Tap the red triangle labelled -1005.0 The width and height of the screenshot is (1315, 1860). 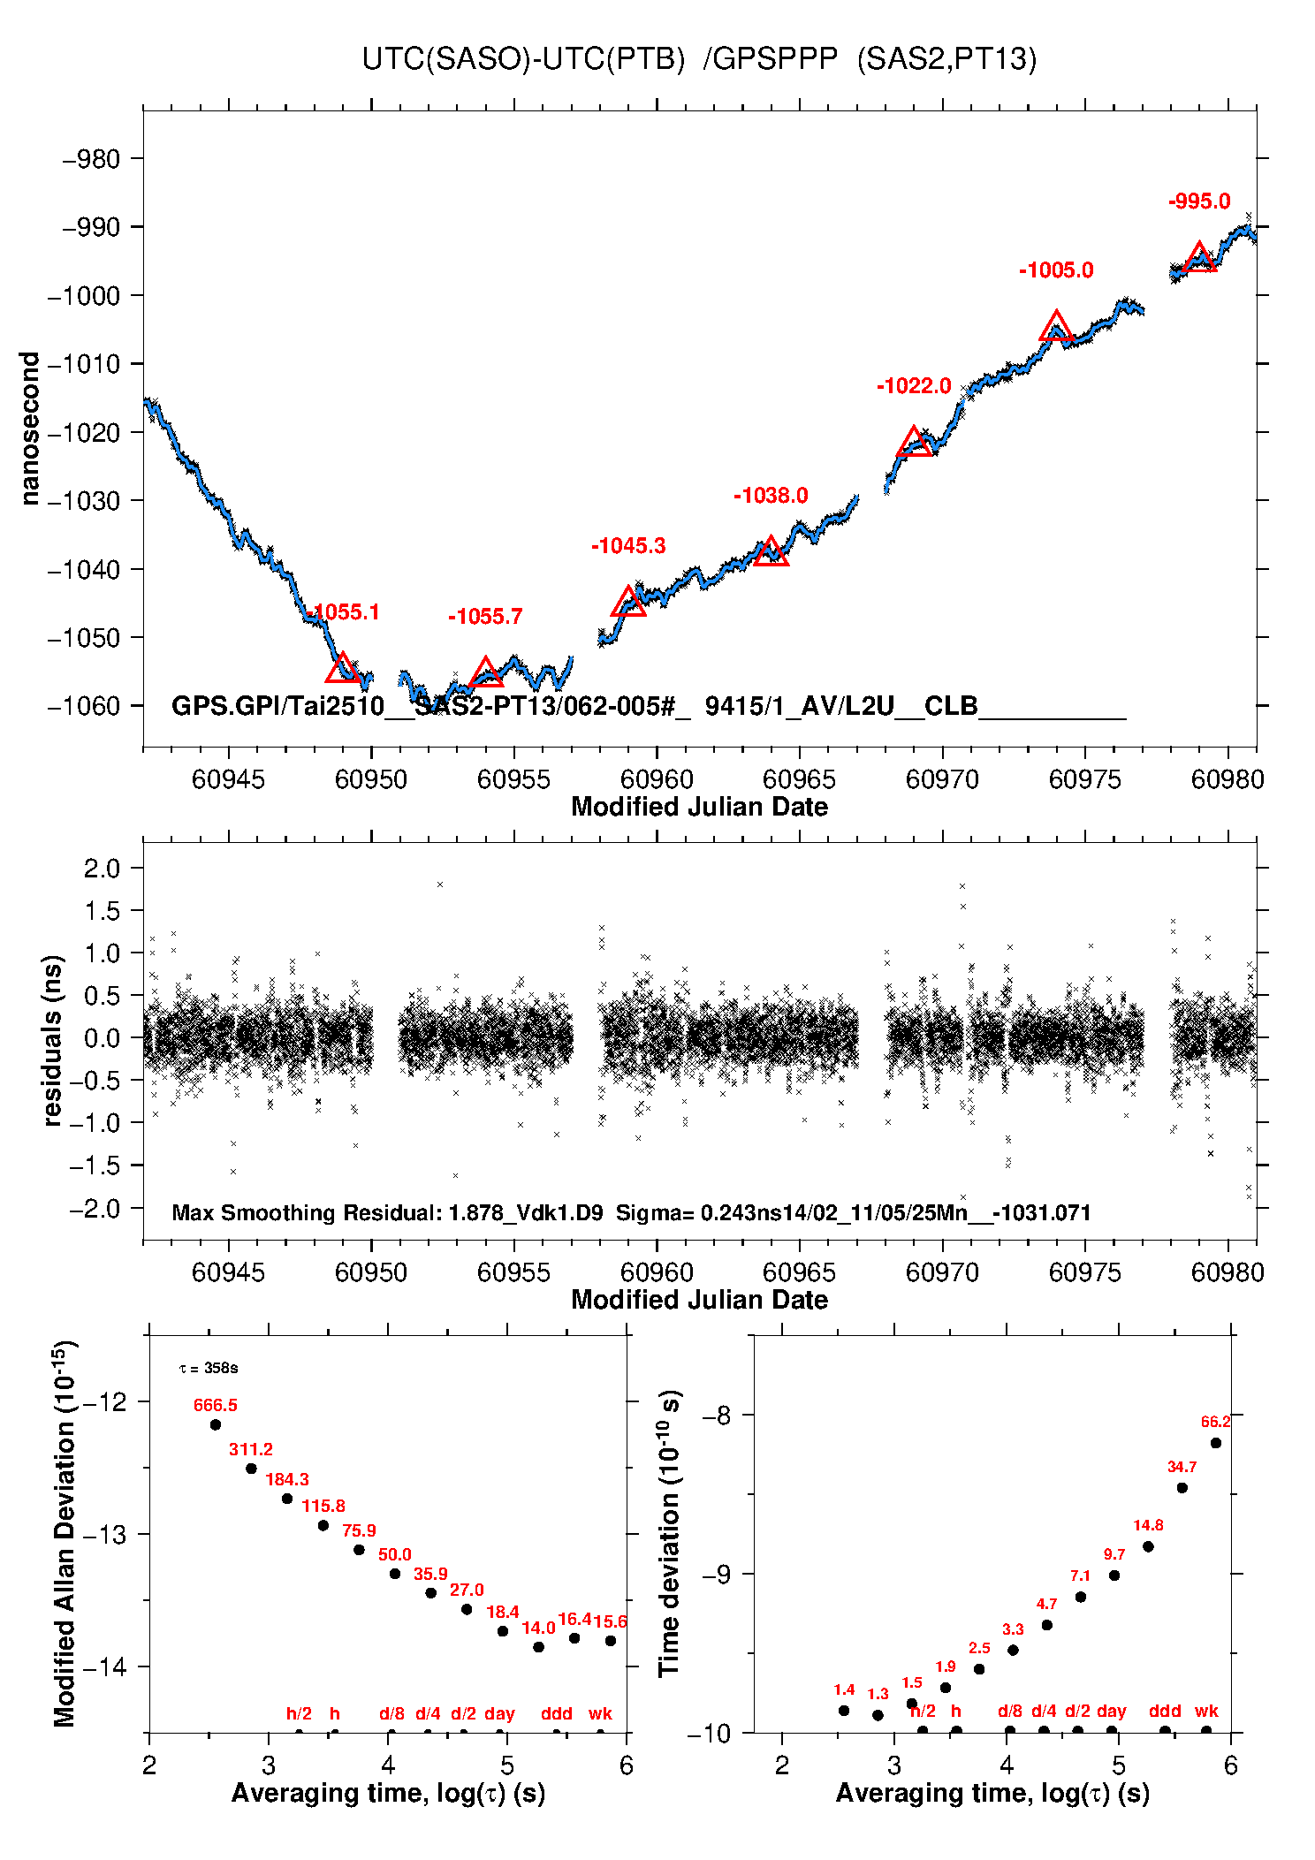click(x=1056, y=327)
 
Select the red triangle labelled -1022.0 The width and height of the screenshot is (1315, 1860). click(x=914, y=443)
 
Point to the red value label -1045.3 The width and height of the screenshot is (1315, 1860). click(x=628, y=546)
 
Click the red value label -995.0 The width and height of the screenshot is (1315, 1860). click(x=1199, y=201)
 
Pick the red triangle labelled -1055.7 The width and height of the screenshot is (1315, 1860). click(x=485, y=673)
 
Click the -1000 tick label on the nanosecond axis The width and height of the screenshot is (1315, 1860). click(x=83, y=296)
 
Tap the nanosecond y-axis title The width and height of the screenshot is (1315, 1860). click(x=30, y=429)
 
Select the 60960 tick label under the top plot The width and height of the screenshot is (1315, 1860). click(x=657, y=779)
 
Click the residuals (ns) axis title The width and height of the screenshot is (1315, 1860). click(x=52, y=1040)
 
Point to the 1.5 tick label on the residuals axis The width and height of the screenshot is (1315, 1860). click(x=102, y=911)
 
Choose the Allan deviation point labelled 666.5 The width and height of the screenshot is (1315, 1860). click(x=215, y=1424)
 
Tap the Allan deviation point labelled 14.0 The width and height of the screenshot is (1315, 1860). click(x=538, y=1647)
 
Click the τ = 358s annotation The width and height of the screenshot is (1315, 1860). click(x=209, y=1369)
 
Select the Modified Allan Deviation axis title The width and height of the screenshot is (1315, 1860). click(x=65, y=1533)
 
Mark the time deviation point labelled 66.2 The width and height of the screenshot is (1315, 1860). click(x=1216, y=1443)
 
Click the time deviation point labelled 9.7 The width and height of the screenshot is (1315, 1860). click(x=1114, y=1575)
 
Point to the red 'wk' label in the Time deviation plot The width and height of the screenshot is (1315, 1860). click(x=1206, y=1711)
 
